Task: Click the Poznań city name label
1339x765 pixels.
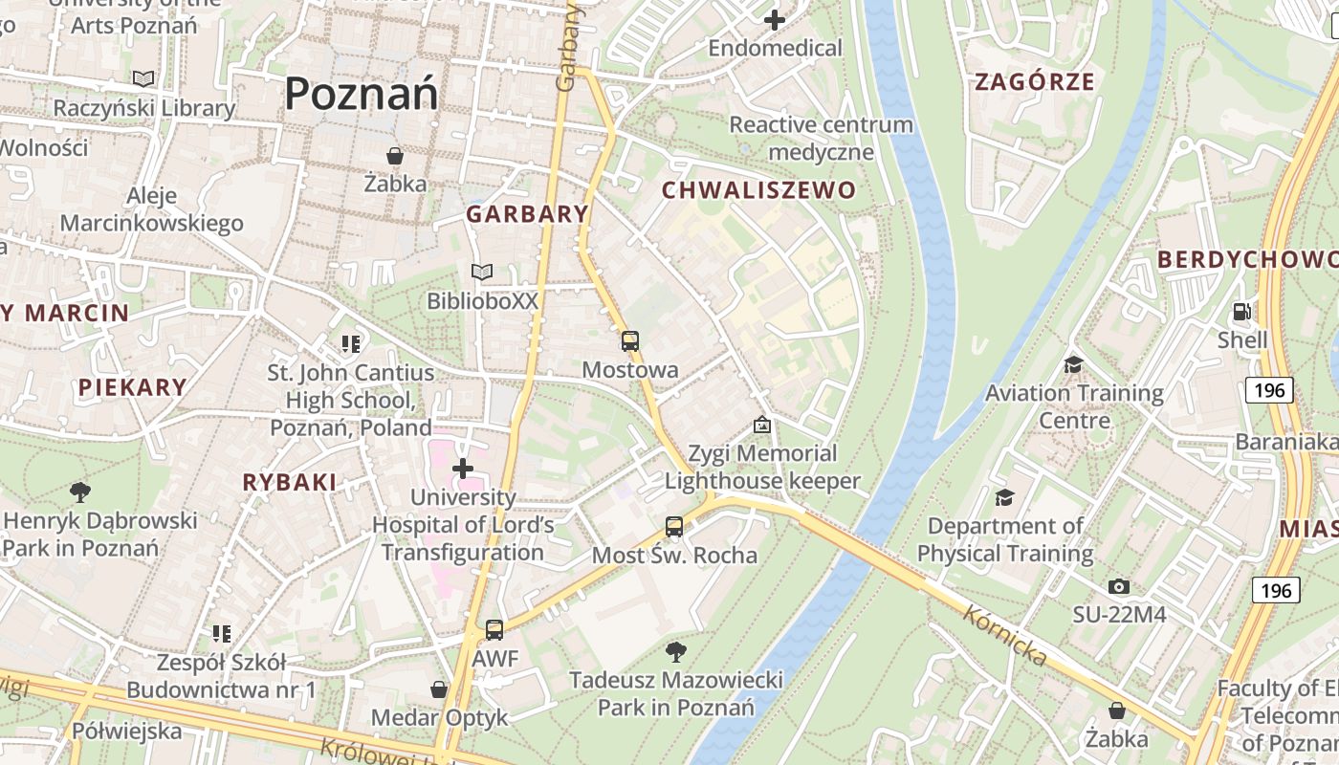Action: [362, 94]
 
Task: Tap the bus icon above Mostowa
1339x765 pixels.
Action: [629, 341]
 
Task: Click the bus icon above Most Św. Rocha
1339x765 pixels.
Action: [674, 527]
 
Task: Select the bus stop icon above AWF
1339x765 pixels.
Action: [494, 630]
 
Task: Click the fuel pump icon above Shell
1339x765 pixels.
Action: [1242, 312]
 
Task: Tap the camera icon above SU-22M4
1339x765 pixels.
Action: [1119, 586]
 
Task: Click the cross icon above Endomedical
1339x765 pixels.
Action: [775, 19]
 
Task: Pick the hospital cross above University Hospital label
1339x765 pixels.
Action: [463, 469]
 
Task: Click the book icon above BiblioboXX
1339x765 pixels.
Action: [482, 273]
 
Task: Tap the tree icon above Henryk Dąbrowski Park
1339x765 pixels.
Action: [80, 492]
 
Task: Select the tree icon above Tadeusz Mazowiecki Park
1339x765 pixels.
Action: [675, 652]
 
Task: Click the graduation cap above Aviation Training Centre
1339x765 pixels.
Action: [1073, 364]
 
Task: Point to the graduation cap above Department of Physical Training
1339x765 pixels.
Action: [1004, 497]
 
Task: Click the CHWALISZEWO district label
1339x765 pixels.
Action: [758, 190]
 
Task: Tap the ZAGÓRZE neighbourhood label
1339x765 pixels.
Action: [1034, 82]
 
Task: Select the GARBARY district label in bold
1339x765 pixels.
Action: [527, 214]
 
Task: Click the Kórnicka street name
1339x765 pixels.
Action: [1004, 636]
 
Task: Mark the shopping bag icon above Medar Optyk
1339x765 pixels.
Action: [439, 689]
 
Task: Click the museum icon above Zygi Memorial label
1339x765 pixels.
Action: [762, 424]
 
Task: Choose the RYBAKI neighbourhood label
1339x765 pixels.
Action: [290, 483]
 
